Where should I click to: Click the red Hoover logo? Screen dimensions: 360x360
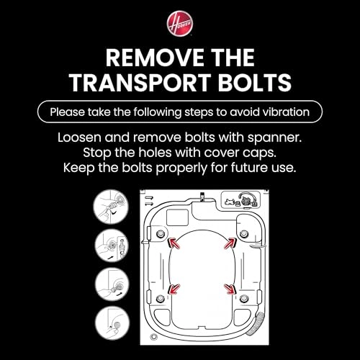[180, 23]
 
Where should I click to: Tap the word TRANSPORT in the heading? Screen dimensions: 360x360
[140, 82]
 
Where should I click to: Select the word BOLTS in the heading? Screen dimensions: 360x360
[255, 82]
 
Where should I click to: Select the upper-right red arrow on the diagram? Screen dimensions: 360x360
[230, 243]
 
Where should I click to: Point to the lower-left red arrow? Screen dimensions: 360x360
[174, 289]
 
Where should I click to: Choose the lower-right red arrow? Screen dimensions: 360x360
[230, 289]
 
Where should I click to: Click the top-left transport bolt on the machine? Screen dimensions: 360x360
[160, 233]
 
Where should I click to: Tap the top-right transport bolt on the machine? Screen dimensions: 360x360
[244, 233]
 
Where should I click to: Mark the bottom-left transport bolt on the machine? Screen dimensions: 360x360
[160, 299]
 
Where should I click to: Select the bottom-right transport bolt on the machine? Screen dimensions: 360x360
[244, 298]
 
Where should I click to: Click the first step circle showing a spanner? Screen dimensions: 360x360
[111, 207]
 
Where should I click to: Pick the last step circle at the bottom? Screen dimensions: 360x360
[112, 323]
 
